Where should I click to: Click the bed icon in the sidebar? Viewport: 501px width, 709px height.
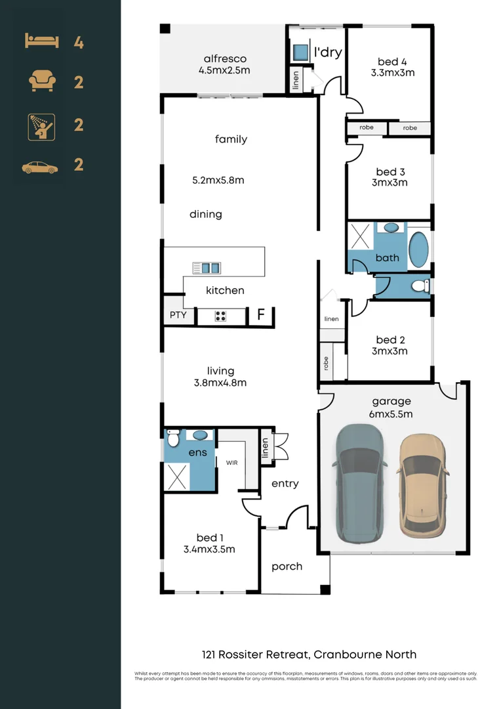(x=42, y=42)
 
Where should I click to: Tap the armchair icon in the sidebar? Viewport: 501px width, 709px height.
(x=42, y=82)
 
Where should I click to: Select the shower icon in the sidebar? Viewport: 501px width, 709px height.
(x=41, y=125)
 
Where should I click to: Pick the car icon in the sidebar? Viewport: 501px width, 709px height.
(x=40, y=167)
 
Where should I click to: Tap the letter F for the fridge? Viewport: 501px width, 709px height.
(x=260, y=315)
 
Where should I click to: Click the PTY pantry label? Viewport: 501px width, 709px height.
(x=178, y=315)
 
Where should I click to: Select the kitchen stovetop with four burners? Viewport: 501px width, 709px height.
(x=221, y=316)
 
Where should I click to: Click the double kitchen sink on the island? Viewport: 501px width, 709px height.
(x=207, y=267)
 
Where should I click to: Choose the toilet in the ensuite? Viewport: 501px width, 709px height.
(x=174, y=438)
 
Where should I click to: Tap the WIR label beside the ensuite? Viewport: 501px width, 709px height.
(x=232, y=463)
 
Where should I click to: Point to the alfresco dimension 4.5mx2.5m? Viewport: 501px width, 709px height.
(x=225, y=70)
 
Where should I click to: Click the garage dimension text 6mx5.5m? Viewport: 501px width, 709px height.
(x=391, y=414)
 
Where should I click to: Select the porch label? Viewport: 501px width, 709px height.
(x=287, y=566)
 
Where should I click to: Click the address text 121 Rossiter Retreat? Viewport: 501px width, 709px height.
(x=255, y=655)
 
